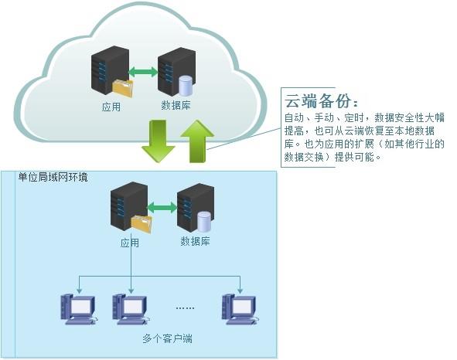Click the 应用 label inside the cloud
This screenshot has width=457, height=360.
coord(111,107)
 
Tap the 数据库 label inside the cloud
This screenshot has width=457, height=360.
coord(176,105)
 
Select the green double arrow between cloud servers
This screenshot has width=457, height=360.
coord(143,72)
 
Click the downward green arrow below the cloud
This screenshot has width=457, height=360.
coord(158,141)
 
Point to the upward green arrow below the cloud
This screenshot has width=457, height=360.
coord(198,141)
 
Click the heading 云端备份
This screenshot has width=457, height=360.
coord(321,100)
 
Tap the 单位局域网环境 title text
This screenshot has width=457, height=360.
coord(53,177)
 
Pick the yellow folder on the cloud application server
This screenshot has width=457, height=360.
coord(123,87)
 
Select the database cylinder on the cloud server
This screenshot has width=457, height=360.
coord(186,86)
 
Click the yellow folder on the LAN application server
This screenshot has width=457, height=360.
coord(142,224)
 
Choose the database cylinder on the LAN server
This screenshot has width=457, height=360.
coord(204,222)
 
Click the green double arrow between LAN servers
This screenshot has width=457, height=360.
coord(162,208)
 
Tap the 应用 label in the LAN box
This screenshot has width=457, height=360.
coord(130,243)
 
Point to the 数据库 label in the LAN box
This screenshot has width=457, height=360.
coord(195,241)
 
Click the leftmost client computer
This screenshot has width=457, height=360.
coord(79,309)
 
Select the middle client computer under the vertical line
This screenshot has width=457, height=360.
coord(131,309)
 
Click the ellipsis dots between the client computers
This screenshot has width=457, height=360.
coord(185,308)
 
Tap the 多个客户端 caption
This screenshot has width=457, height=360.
coord(167,338)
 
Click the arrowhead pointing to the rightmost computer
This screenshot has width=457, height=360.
coord(240,291)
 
